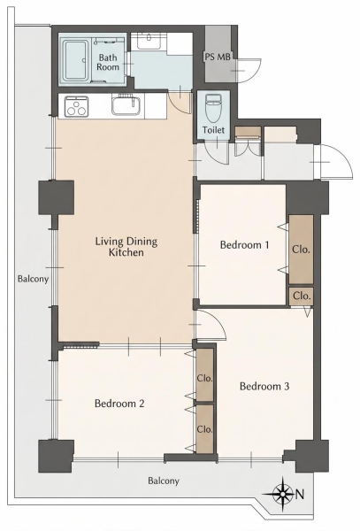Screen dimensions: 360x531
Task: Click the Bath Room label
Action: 108,62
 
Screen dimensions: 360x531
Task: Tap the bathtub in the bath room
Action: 76,60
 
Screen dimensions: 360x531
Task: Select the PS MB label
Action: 218,57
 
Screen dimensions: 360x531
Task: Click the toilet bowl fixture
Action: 213,108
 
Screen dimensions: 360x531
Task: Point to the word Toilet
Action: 213,130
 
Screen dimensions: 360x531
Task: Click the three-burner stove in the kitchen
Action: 76,107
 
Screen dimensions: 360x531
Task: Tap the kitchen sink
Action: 126,105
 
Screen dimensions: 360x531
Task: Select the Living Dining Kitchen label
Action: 126,247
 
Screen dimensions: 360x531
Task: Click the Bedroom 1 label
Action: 245,245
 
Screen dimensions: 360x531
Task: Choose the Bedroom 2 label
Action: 119,404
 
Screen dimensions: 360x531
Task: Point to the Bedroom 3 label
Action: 264,386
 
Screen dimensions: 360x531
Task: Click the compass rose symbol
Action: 282,494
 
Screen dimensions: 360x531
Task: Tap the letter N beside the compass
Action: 300,495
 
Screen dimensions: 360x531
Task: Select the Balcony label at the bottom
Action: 164,481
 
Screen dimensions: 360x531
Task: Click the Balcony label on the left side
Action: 33,279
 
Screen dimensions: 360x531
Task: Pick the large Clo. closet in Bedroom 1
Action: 301,250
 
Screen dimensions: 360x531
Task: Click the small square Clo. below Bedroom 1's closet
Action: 301,296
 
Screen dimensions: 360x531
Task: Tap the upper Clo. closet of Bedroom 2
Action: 205,375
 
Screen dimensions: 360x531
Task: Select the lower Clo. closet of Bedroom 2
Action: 205,428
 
